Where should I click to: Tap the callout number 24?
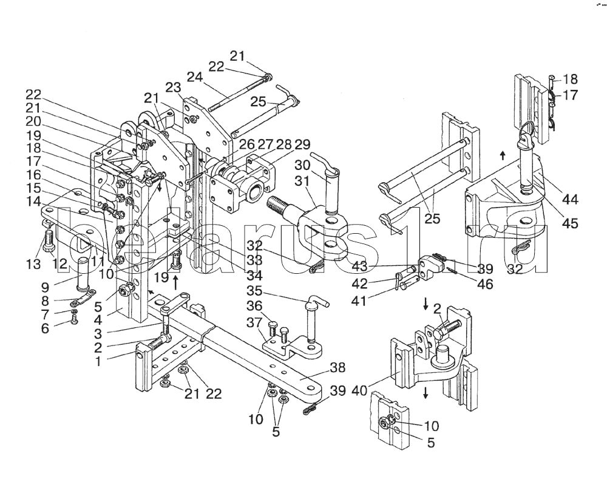point(194,77)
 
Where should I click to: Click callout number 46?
point(484,284)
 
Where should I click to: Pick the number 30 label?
point(302,166)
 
